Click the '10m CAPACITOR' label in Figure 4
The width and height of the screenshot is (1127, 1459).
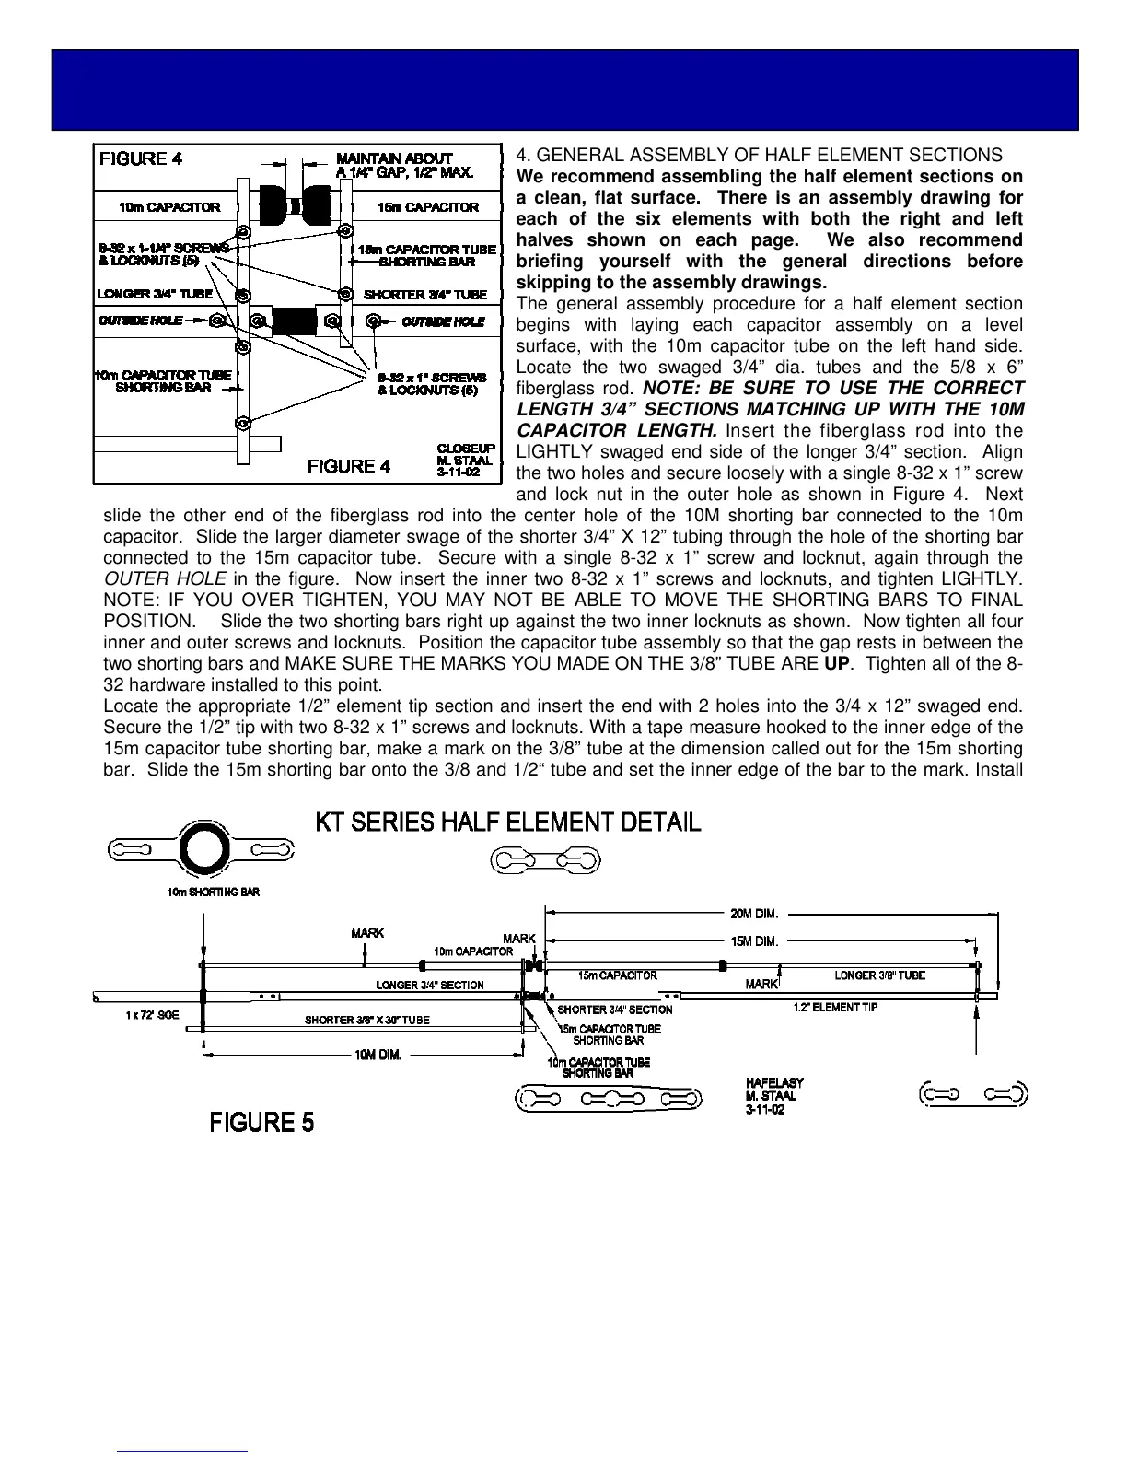(169, 207)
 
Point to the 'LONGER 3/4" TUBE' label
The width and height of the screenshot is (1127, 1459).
(155, 295)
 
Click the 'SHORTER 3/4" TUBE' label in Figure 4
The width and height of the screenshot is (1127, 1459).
(425, 295)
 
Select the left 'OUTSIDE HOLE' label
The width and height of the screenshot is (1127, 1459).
(141, 321)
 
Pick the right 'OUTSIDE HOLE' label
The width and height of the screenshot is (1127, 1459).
(443, 321)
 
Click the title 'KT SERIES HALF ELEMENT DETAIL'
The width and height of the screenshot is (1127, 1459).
(508, 822)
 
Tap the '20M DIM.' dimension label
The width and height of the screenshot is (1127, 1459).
(755, 915)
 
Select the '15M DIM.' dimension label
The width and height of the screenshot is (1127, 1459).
(755, 941)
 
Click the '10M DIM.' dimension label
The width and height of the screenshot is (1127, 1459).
(378, 1056)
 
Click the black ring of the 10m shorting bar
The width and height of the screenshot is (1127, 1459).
(201, 849)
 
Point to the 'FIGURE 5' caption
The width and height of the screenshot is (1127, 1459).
(262, 1123)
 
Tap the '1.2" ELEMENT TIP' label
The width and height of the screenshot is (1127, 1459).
(835, 1007)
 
